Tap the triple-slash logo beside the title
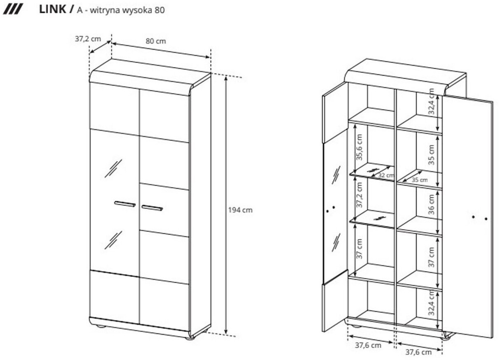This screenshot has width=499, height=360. click(x=13, y=9)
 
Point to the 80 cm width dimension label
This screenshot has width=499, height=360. click(x=156, y=41)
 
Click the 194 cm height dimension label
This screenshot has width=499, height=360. click(x=240, y=210)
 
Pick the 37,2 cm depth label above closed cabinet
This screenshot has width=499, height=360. click(x=88, y=39)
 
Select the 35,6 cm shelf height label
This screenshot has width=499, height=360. click(x=360, y=147)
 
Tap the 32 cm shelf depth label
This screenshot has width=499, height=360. click(x=386, y=175)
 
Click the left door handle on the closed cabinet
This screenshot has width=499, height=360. click(x=125, y=204)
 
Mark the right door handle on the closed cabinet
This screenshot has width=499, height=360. click(x=152, y=207)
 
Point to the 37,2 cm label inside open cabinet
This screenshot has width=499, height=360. click(x=360, y=195)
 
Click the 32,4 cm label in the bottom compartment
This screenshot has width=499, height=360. click(x=431, y=302)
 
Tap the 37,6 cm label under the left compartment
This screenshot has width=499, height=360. click(x=368, y=346)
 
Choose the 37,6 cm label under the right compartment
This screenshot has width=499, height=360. click(x=418, y=352)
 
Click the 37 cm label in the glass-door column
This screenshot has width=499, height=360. click(x=360, y=249)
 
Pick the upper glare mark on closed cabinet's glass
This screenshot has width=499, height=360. click(x=113, y=168)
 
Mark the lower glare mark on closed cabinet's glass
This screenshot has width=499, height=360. click(x=113, y=240)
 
